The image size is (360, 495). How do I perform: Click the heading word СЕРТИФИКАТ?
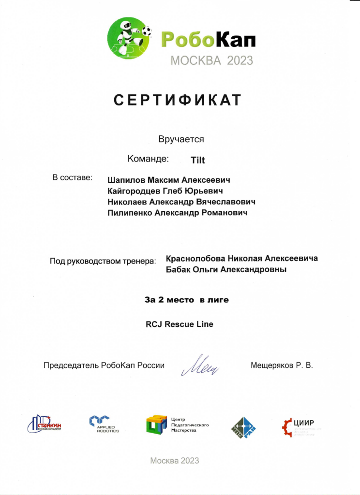click(x=177, y=100)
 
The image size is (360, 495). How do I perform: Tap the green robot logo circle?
click(x=129, y=38)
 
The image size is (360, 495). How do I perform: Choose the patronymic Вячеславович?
click(x=225, y=202)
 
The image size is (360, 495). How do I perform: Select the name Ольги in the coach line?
click(x=207, y=270)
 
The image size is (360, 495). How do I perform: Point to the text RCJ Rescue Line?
click(x=179, y=324)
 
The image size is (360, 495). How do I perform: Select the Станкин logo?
click(x=45, y=424)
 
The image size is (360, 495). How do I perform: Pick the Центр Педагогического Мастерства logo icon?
click(x=156, y=424)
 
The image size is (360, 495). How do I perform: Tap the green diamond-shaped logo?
click(x=243, y=427)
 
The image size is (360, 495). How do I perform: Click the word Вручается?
click(x=181, y=139)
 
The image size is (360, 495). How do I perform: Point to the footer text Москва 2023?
click(x=174, y=461)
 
